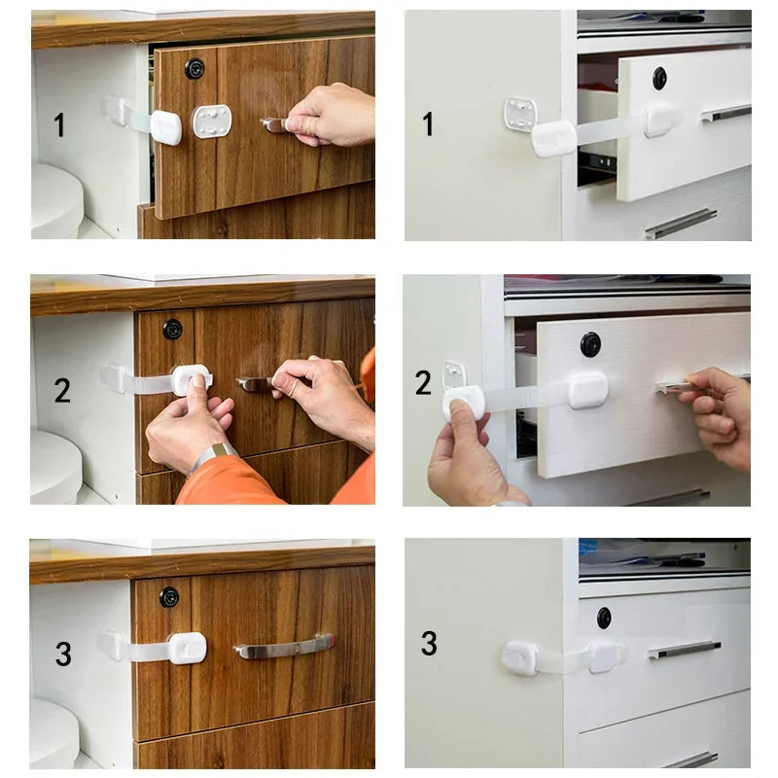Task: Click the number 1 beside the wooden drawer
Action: click(59, 125)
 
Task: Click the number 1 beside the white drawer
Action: click(428, 124)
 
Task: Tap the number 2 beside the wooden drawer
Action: click(62, 391)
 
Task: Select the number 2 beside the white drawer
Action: click(423, 383)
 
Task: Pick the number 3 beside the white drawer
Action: click(429, 644)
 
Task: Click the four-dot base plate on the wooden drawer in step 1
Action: click(212, 122)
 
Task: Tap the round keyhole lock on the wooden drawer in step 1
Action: click(194, 69)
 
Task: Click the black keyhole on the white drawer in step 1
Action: click(660, 78)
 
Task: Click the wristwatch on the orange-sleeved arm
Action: click(213, 455)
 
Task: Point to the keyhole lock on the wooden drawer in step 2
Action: click(172, 329)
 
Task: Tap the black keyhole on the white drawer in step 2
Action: click(590, 344)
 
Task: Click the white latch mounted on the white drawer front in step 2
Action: click(588, 390)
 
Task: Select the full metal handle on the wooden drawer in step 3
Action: click(283, 646)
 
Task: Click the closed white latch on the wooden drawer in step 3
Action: click(186, 647)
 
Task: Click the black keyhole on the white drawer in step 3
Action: click(604, 618)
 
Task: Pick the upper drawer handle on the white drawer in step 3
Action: click(685, 650)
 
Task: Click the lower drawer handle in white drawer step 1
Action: click(681, 224)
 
